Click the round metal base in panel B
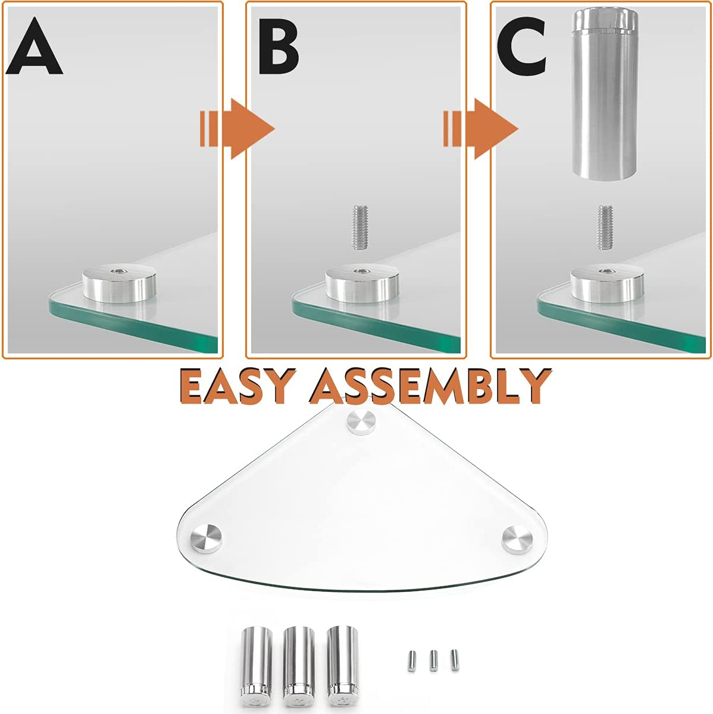(x=362, y=284)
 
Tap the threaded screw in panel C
(x=605, y=227)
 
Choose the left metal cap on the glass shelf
(x=205, y=537)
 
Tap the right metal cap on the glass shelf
(x=515, y=538)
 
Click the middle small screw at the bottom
(x=434, y=660)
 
